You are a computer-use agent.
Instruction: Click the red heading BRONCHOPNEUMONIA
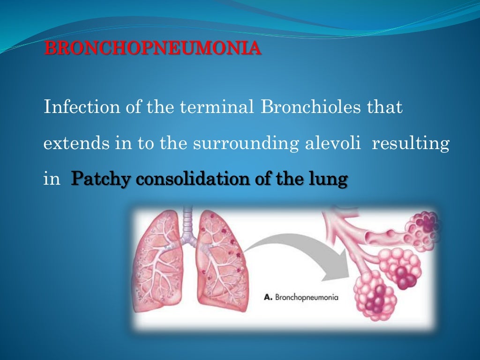coord(152,49)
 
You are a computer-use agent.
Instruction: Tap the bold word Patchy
coord(100,179)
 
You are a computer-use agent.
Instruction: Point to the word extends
coord(75,143)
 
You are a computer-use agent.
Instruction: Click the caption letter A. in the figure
coord(269,296)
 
